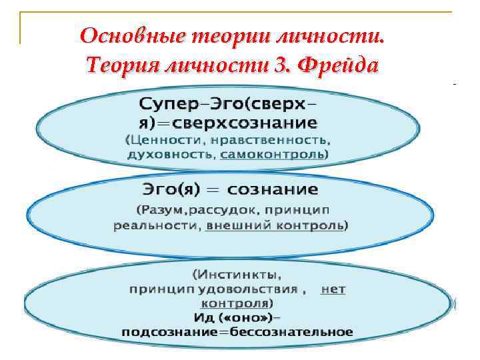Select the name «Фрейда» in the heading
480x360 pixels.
[340, 65]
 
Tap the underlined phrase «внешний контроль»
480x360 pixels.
[275, 226]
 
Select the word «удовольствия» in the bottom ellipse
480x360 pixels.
[261, 289]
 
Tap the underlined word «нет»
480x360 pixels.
[333, 289]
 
